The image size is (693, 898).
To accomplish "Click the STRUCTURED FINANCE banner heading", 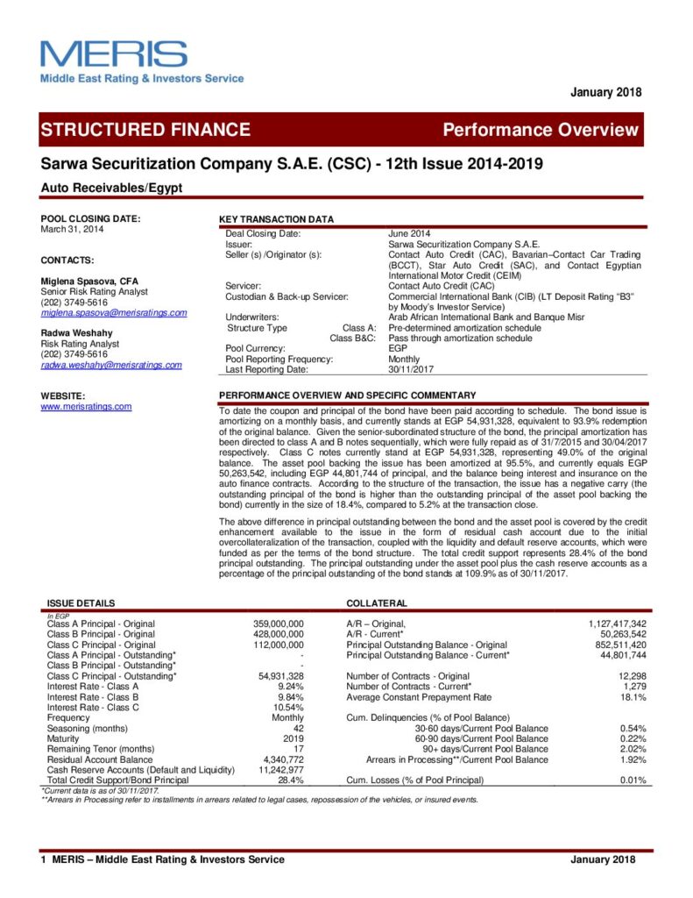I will click(x=145, y=130).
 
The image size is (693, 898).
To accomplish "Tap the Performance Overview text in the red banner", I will click(x=541, y=130).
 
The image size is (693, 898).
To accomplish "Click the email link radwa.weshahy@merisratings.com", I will click(x=111, y=365).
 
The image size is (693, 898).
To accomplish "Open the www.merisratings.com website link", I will click(x=86, y=406).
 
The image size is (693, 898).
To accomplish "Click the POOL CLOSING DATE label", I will click(x=90, y=218).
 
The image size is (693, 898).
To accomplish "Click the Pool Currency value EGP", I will click(x=398, y=348).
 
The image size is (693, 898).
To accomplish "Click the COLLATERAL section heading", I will click(x=376, y=603).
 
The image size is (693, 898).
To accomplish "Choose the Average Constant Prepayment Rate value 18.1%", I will click(x=633, y=697).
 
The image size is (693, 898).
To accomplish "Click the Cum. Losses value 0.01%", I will click(x=633, y=780).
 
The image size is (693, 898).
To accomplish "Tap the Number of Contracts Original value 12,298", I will click(x=630, y=676).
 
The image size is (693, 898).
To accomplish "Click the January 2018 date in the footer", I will click(x=605, y=859).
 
